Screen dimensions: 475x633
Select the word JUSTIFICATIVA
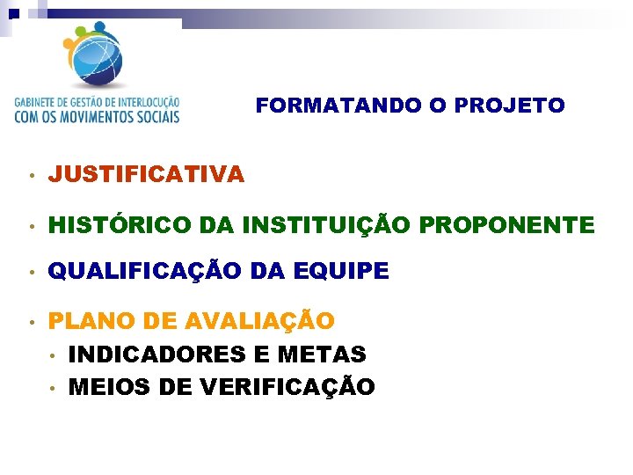click(146, 175)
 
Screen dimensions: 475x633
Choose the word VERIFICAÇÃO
click(280, 387)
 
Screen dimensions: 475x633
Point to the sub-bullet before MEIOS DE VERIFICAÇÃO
click(53, 388)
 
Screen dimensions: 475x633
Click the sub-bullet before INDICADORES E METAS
click(53, 355)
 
